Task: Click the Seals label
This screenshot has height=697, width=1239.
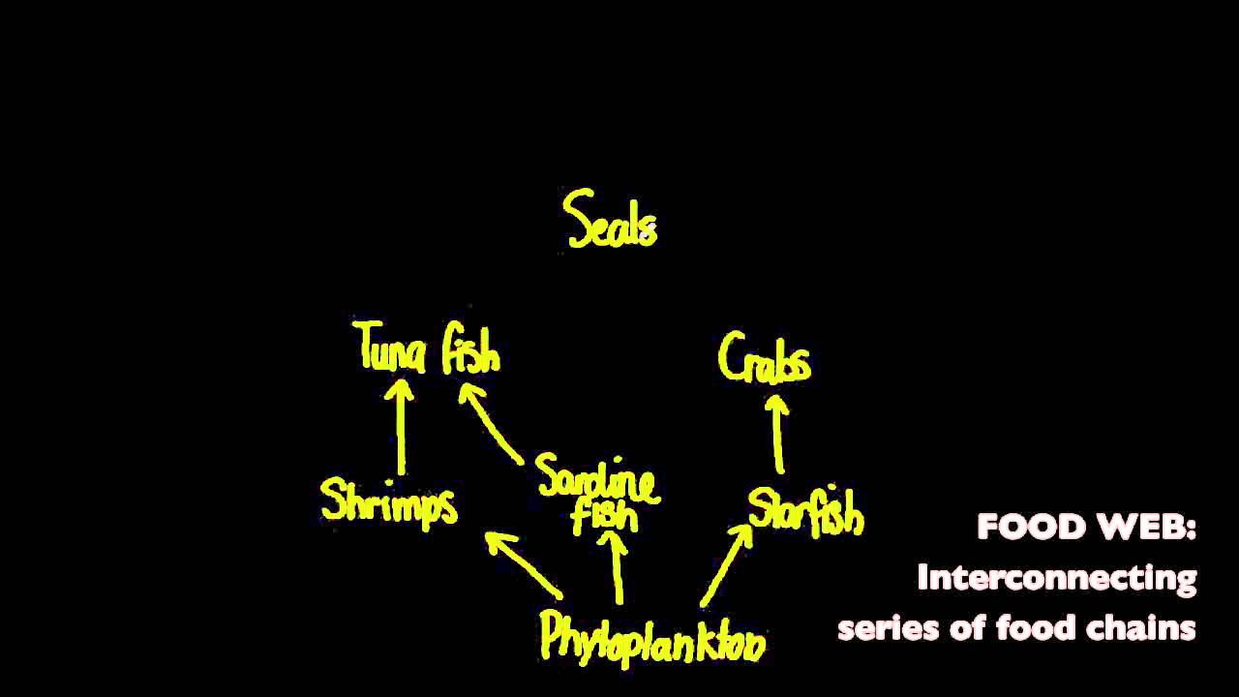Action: (x=611, y=221)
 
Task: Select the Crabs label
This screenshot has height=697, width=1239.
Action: (x=764, y=359)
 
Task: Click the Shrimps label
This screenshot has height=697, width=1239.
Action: (x=388, y=501)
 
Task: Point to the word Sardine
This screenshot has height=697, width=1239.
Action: (x=597, y=478)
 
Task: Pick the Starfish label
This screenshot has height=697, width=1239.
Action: (x=805, y=511)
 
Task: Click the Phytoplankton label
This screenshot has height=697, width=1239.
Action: (x=652, y=636)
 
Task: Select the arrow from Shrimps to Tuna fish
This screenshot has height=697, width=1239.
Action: (x=401, y=426)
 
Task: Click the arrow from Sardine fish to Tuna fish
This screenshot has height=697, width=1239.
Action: (x=491, y=423)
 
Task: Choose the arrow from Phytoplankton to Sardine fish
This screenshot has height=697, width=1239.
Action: (x=617, y=571)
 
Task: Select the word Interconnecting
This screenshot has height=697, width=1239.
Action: (x=1056, y=578)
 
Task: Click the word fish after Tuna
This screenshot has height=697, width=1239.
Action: (x=471, y=351)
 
